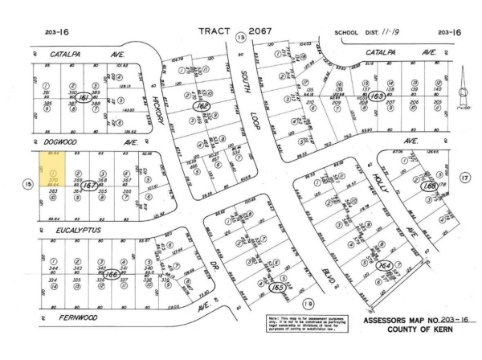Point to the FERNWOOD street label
tap(62, 317)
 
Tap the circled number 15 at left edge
tap(27, 184)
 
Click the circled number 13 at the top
tap(240, 37)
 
